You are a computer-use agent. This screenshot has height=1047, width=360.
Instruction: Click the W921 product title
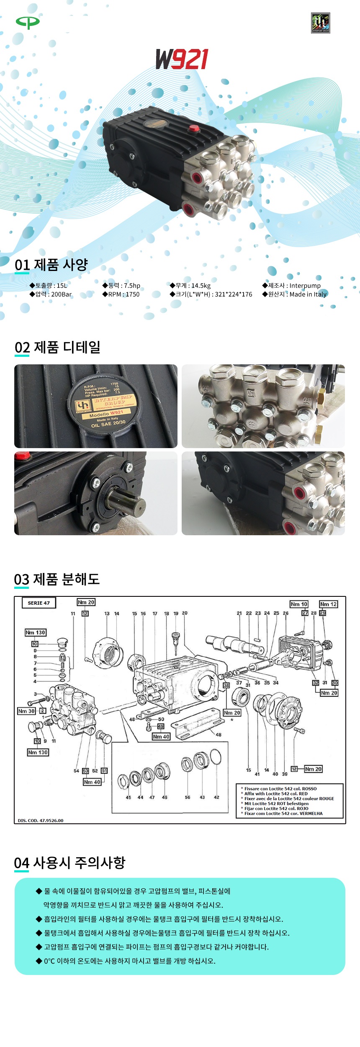182,59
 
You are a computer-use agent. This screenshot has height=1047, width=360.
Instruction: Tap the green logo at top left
28,22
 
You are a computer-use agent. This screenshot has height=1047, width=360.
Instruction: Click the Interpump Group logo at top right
320,23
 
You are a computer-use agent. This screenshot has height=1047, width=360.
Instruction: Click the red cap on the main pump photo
193,128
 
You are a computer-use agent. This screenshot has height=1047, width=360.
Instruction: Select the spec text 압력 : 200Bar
51,294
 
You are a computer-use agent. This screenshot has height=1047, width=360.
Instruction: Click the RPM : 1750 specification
121,294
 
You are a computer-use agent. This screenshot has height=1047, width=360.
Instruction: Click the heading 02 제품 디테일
57,347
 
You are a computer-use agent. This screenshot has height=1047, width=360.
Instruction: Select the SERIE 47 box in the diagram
39,603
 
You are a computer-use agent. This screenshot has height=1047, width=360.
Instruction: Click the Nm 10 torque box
299,604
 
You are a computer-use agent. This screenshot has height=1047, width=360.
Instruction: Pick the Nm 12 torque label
328,604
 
